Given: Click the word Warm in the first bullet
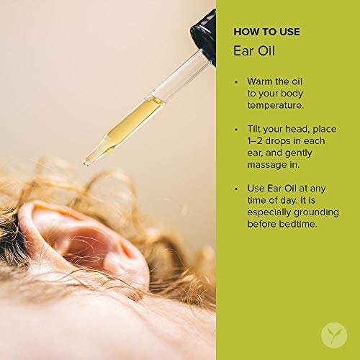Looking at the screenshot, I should pos(261,81).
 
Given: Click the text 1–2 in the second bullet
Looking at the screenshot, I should pos(256,141).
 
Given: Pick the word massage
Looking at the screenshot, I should pos(267,166).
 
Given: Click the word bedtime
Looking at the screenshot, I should pos(300,225).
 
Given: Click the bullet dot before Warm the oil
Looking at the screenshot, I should pos(235,82).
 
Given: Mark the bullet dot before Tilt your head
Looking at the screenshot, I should pos(235,130).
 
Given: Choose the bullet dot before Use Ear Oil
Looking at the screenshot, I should pos(235,189).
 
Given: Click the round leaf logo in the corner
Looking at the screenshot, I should pos(333,334).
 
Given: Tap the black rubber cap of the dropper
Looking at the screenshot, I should pos(204,32).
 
